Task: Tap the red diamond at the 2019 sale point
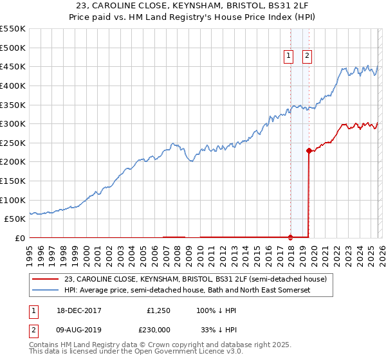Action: (309, 151)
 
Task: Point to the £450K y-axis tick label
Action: (13, 66)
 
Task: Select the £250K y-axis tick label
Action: (13, 143)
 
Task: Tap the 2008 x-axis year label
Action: (177, 254)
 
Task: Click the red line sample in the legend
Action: (46, 279)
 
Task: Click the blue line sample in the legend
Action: (46, 291)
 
